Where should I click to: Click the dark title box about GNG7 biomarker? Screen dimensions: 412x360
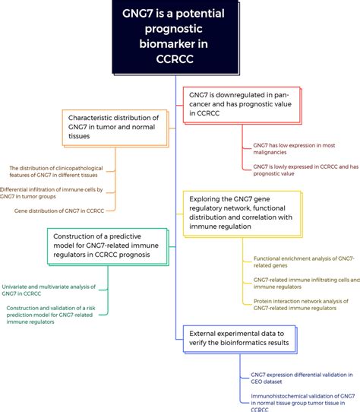[179, 39]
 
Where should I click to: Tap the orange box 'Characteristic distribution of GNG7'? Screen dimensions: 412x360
[113, 128]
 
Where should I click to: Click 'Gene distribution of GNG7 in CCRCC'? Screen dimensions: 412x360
[59, 211]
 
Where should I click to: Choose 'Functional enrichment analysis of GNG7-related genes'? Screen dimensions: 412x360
[303, 262]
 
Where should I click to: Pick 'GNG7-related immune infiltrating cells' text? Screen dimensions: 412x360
[303, 283]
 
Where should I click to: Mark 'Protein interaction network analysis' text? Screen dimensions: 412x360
[303, 304]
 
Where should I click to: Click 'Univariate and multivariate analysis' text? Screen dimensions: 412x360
[49, 290]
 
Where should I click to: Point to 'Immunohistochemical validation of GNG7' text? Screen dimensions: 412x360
[303, 399]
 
